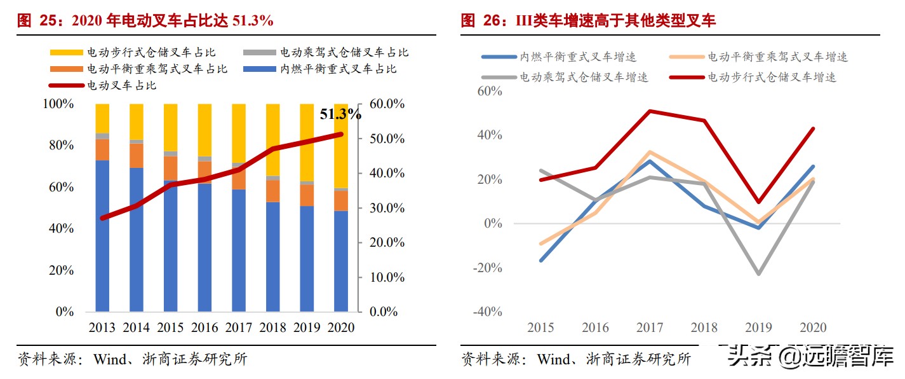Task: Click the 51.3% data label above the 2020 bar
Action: [x=340, y=114]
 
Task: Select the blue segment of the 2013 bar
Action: [x=102, y=235]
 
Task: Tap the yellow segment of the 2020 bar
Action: [x=341, y=146]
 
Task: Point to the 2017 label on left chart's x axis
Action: [x=238, y=328]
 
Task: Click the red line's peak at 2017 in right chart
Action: [x=649, y=111]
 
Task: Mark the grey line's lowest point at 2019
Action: [x=758, y=274]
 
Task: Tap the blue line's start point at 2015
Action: [x=541, y=261]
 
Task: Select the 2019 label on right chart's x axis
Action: [x=758, y=328]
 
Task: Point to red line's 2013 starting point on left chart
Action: [x=103, y=218]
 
